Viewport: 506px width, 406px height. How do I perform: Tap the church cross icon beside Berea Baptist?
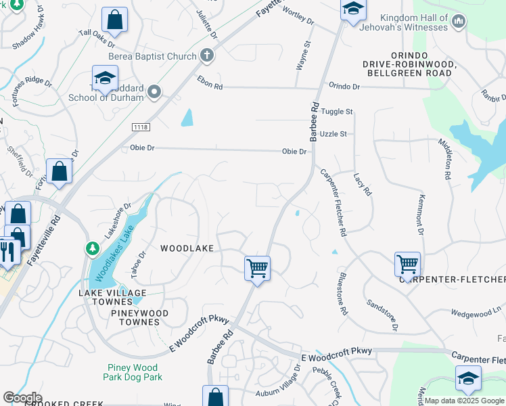pyautogui.click(x=207, y=56)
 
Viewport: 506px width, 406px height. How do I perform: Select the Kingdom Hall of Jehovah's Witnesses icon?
pyautogui.click(x=459, y=22)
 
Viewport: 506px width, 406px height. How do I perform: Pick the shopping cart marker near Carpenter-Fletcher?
pyautogui.click(x=408, y=264)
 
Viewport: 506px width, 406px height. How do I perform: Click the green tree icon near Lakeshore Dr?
pyautogui.click(x=92, y=249)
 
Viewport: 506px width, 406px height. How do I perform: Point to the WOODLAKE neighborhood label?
pyautogui.click(x=187, y=248)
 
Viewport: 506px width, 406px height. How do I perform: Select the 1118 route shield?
pyautogui.click(x=141, y=127)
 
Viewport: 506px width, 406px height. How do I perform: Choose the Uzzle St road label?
pyautogui.click(x=333, y=134)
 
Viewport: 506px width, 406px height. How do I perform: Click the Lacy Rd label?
pyautogui.click(x=363, y=184)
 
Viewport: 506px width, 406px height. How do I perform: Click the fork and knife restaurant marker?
pyautogui.click(x=7, y=252)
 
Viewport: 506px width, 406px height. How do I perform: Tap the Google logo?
pyautogui.click(x=22, y=398)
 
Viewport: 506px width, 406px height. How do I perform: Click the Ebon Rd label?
pyautogui.click(x=210, y=86)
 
